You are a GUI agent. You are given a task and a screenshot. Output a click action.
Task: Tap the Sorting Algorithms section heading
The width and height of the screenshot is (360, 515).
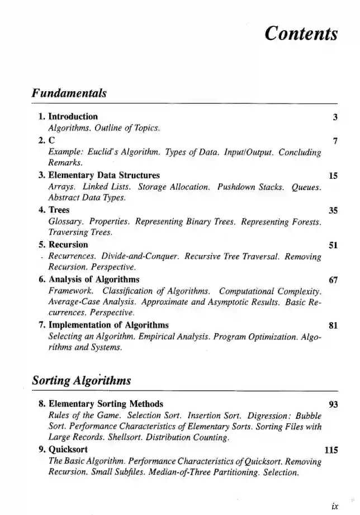pos(82,381)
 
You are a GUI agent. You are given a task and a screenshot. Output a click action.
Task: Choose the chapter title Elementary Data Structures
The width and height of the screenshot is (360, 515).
pos(104,176)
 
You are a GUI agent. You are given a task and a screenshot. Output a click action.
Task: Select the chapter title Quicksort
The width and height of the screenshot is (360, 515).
pos(68,450)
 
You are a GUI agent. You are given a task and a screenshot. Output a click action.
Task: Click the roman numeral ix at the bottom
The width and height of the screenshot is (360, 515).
pos(334,506)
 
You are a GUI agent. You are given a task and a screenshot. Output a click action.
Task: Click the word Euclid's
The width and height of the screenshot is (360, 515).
pos(103,152)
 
